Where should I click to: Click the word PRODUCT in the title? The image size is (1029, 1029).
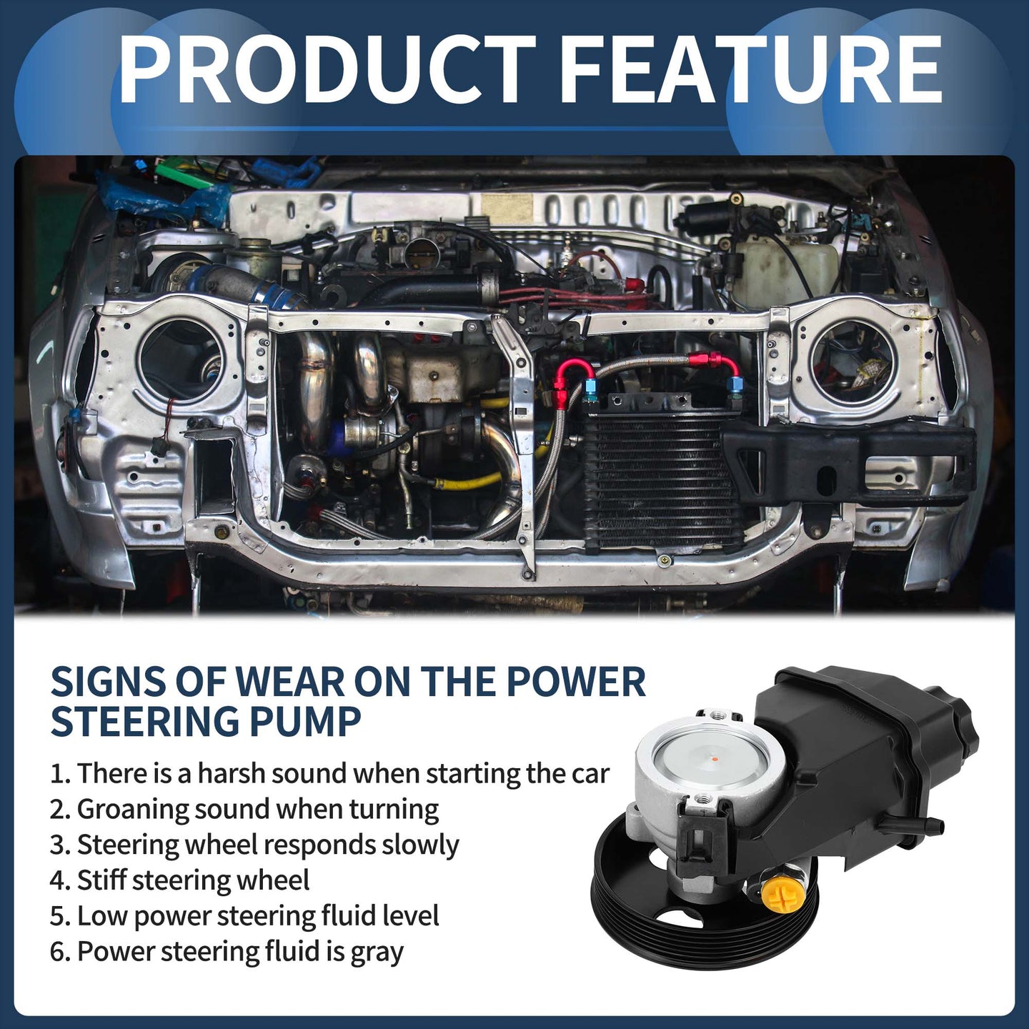click(327, 69)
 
